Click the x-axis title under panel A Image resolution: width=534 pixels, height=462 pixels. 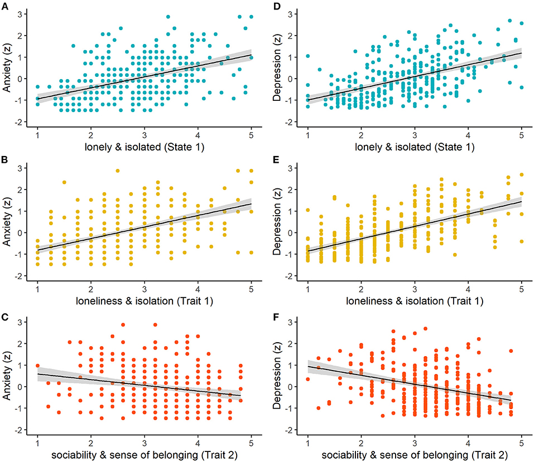click(144, 148)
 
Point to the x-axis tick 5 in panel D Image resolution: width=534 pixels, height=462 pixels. click(521, 137)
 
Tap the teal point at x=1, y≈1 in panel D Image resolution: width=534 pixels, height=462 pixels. click(307, 56)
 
